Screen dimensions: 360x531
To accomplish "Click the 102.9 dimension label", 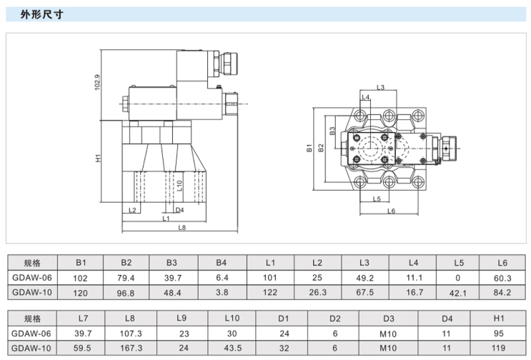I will pos(97,83).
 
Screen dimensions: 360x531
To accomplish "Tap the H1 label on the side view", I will pos(98,159).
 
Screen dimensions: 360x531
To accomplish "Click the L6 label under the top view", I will pos(391,211).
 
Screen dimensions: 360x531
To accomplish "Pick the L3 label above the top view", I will pos(380,87).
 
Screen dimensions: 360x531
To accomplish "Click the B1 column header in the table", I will pos(80,261).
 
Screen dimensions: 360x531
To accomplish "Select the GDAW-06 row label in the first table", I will pos(31,277).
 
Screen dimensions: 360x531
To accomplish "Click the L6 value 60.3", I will pos(503,277).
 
